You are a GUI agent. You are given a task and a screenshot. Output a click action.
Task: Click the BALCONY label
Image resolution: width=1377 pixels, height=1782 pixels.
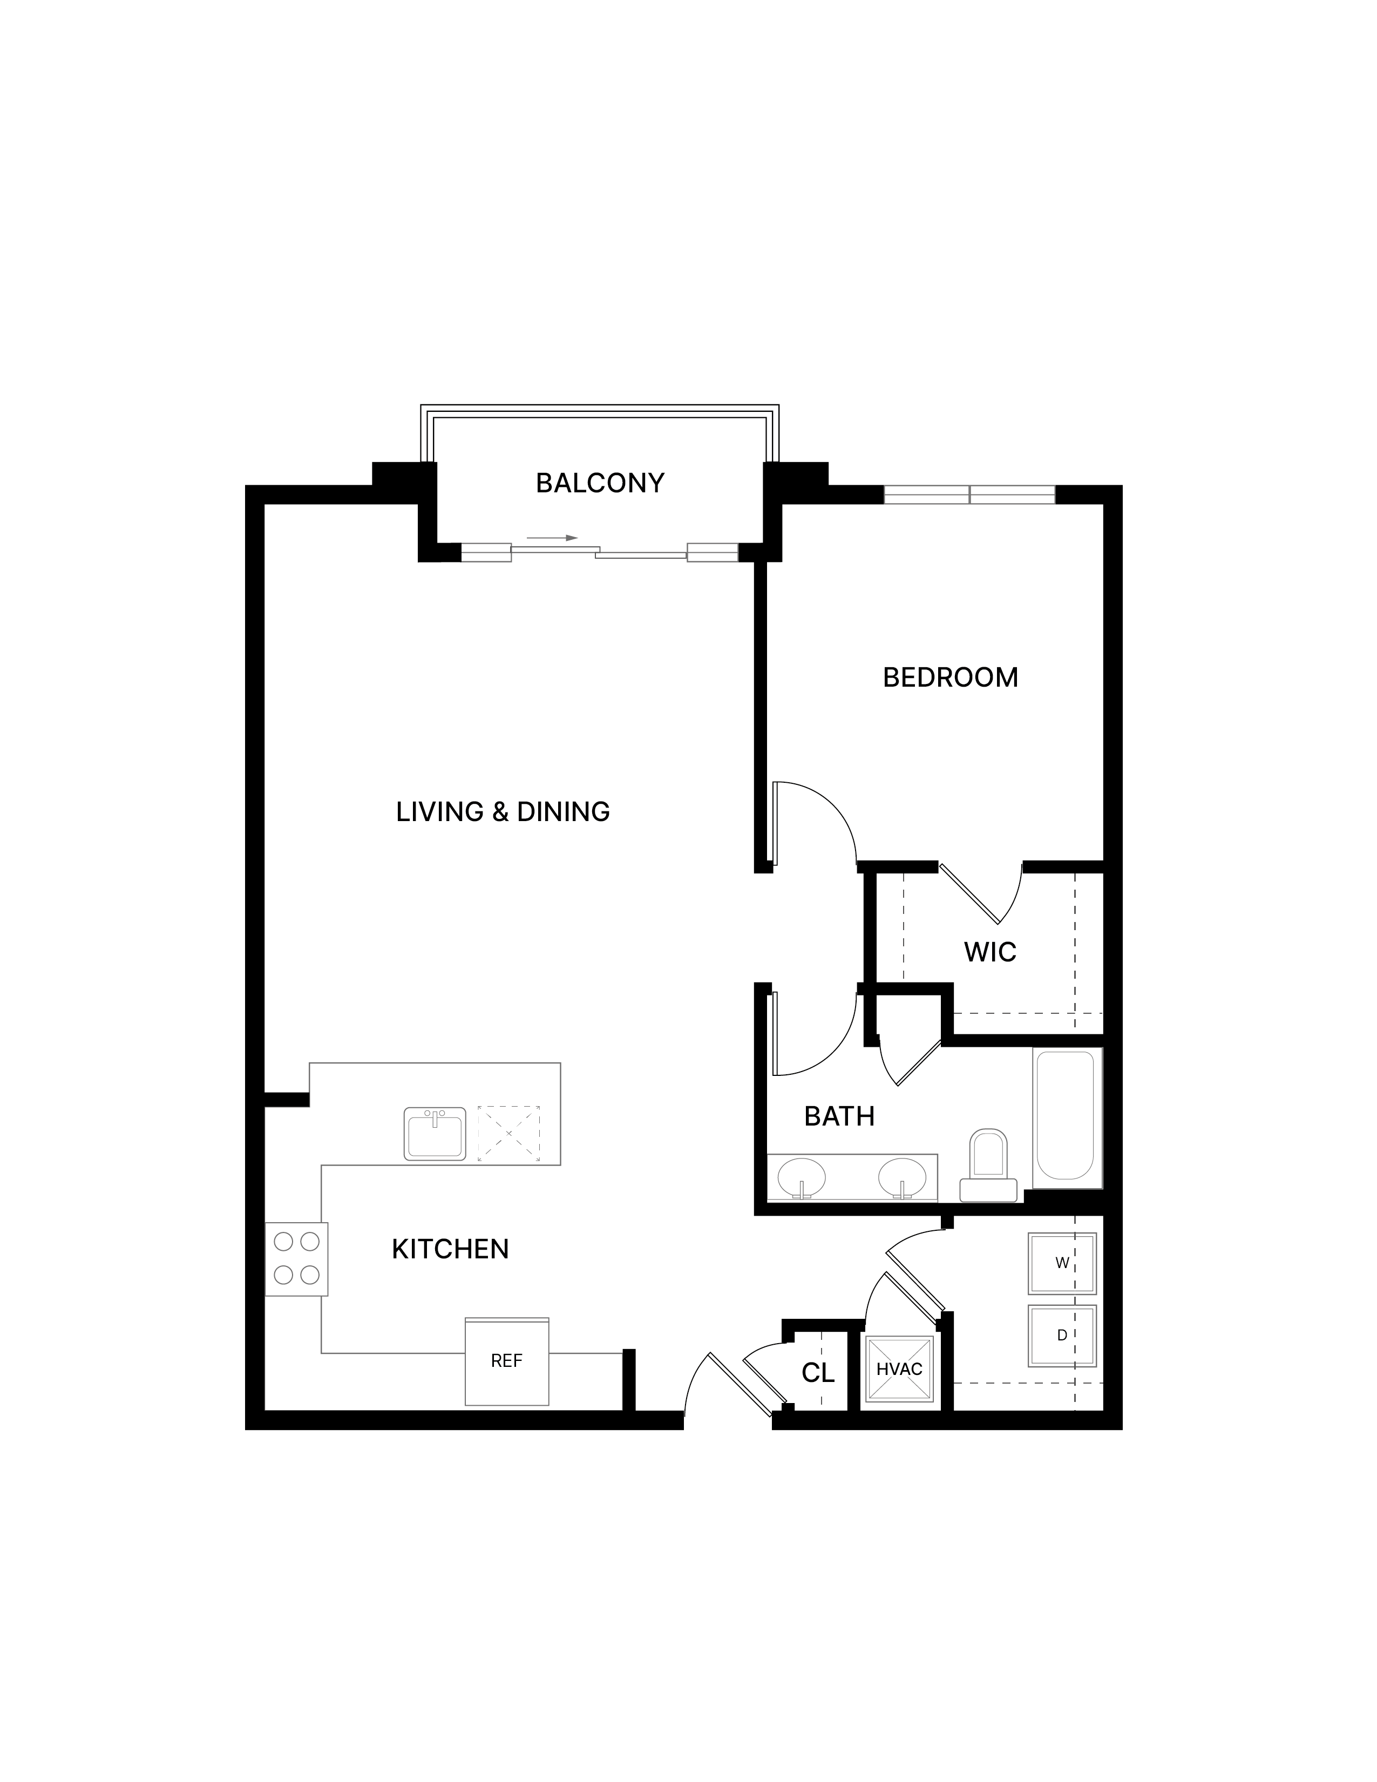600,483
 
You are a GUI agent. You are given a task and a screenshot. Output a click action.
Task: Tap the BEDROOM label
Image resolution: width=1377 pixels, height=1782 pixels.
951,677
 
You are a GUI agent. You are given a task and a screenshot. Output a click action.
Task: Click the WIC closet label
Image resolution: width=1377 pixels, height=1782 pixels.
991,952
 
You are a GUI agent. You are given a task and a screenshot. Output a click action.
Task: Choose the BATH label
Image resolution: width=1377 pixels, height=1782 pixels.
839,1116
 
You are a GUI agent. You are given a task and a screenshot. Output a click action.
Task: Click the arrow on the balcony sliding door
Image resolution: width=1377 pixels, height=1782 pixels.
552,538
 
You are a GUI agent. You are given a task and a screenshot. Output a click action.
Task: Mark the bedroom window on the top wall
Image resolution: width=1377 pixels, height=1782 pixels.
970,494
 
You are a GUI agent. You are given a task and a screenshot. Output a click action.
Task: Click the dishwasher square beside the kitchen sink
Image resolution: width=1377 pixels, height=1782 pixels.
509,1133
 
